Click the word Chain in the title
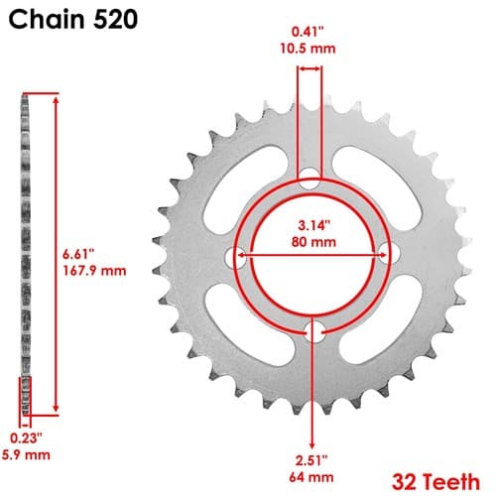47,20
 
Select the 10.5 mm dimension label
308,49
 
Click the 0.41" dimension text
308,32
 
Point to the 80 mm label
313,242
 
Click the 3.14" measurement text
314,225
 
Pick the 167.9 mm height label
94,271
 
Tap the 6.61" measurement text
78,255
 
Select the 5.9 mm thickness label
26,455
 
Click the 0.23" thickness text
26,438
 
